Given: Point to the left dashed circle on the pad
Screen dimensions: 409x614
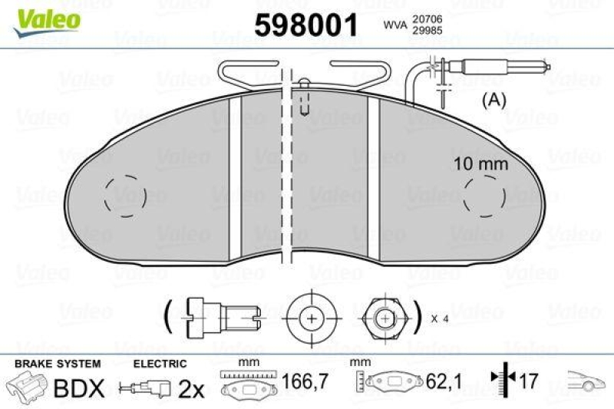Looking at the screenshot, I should [124, 195].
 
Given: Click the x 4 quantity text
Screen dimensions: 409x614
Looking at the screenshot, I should [440, 317].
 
